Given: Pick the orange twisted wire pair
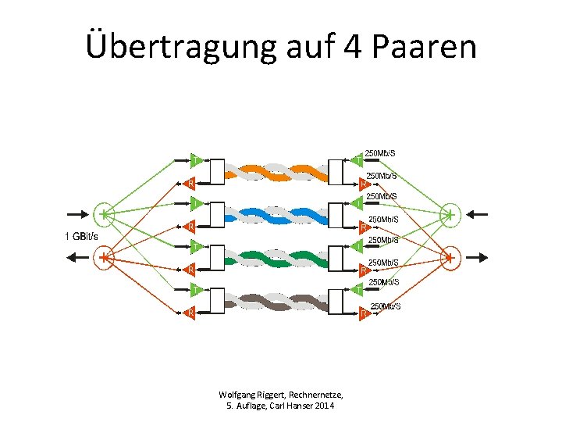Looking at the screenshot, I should point(276,171).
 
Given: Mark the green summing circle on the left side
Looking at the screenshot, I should point(105,213).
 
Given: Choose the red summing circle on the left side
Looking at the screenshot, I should point(105,256).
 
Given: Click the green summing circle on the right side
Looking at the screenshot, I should point(450,213).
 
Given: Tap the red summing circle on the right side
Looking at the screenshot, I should point(450,256).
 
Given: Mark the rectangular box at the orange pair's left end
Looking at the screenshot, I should point(216,171).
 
